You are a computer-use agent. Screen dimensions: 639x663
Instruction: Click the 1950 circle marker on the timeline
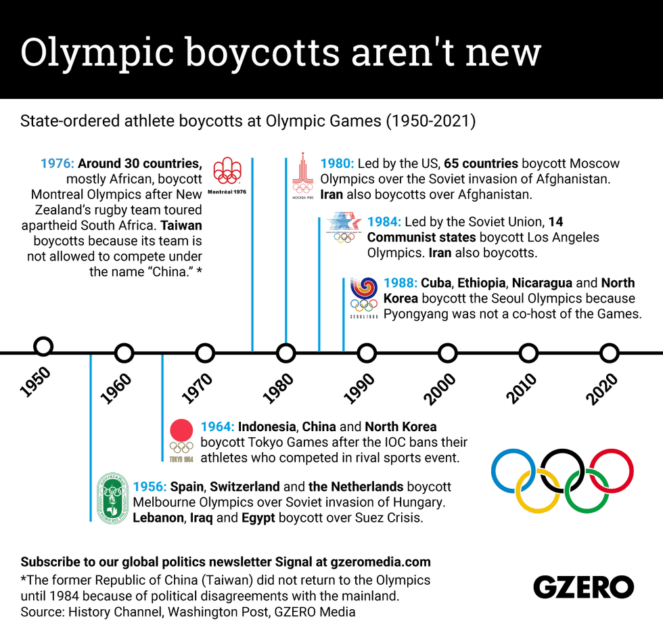pyautogui.click(x=43, y=347)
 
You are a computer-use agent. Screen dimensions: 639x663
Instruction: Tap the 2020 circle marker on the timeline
pyautogui.click(x=610, y=353)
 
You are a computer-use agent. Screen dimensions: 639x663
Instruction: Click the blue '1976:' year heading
pyautogui.click(x=58, y=164)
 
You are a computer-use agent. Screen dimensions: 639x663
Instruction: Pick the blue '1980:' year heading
pyautogui.click(x=337, y=164)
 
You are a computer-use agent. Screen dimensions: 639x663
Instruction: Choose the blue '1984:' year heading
pyautogui.click(x=384, y=222)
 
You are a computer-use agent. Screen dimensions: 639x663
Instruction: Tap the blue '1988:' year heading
pyautogui.click(x=400, y=283)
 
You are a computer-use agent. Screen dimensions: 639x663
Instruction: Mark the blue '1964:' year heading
pyautogui.click(x=217, y=427)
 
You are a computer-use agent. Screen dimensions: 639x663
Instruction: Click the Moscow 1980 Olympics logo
pyautogui.click(x=302, y=174)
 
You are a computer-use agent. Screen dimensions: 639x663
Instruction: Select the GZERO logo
pyautogui.click(x=583, y=587)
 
